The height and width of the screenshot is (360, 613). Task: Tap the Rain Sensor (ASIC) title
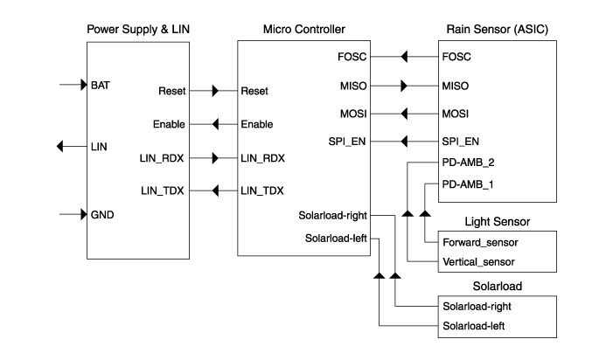[497, 30]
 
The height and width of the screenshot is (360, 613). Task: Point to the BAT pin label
[100, 86]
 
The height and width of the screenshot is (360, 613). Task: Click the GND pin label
[102, 214]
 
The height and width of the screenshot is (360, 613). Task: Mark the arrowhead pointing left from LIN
[59, 146]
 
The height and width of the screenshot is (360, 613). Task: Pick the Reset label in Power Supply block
[171, 91]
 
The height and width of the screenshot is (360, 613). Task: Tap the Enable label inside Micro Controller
[256, 125]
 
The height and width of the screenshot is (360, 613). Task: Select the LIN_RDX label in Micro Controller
[262, 158]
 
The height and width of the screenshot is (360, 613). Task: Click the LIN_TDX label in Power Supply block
[163, 190]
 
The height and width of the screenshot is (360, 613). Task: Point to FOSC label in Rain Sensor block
[457, 58]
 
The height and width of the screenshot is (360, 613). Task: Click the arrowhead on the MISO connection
[403, 87]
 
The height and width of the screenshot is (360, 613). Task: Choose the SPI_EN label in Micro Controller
[347, 141]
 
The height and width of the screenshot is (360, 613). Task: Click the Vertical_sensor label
[477, 261]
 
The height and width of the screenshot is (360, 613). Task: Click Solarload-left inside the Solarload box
[473, 326]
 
